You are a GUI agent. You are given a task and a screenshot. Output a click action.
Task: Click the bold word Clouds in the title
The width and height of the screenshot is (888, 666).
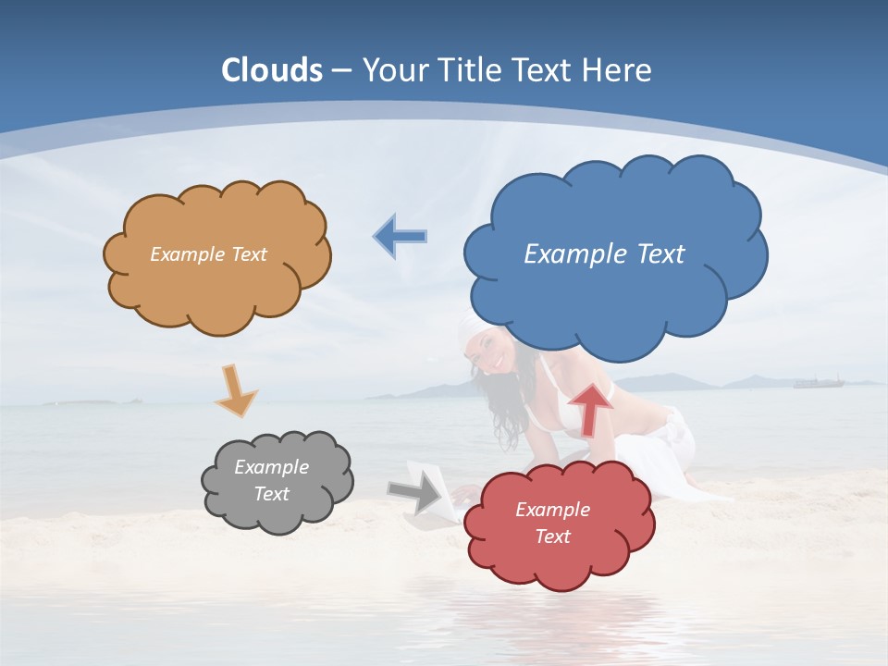tap(272, 70)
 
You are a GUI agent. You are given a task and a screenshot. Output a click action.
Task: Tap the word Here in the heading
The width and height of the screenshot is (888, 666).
tap(618, 70)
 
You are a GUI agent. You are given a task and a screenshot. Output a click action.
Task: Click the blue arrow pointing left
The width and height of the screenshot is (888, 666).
tap(401, 237)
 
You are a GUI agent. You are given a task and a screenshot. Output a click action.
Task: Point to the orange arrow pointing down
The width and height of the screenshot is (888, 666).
tap(235, 389)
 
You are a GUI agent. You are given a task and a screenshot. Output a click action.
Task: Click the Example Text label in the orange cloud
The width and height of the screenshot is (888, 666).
tap(208, 254)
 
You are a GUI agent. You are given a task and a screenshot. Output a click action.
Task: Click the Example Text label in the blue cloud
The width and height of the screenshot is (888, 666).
tap(604, 254)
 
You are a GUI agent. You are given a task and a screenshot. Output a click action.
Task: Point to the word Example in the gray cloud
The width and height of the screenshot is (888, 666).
tap(271, 467)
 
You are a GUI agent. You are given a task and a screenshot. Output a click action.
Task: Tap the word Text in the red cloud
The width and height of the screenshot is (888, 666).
tap(552, 536)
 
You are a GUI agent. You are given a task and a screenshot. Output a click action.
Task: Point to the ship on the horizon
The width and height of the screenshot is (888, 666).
tap(819, 380)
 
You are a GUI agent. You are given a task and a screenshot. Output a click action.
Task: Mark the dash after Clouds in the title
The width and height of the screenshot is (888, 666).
tap(341, 71)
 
